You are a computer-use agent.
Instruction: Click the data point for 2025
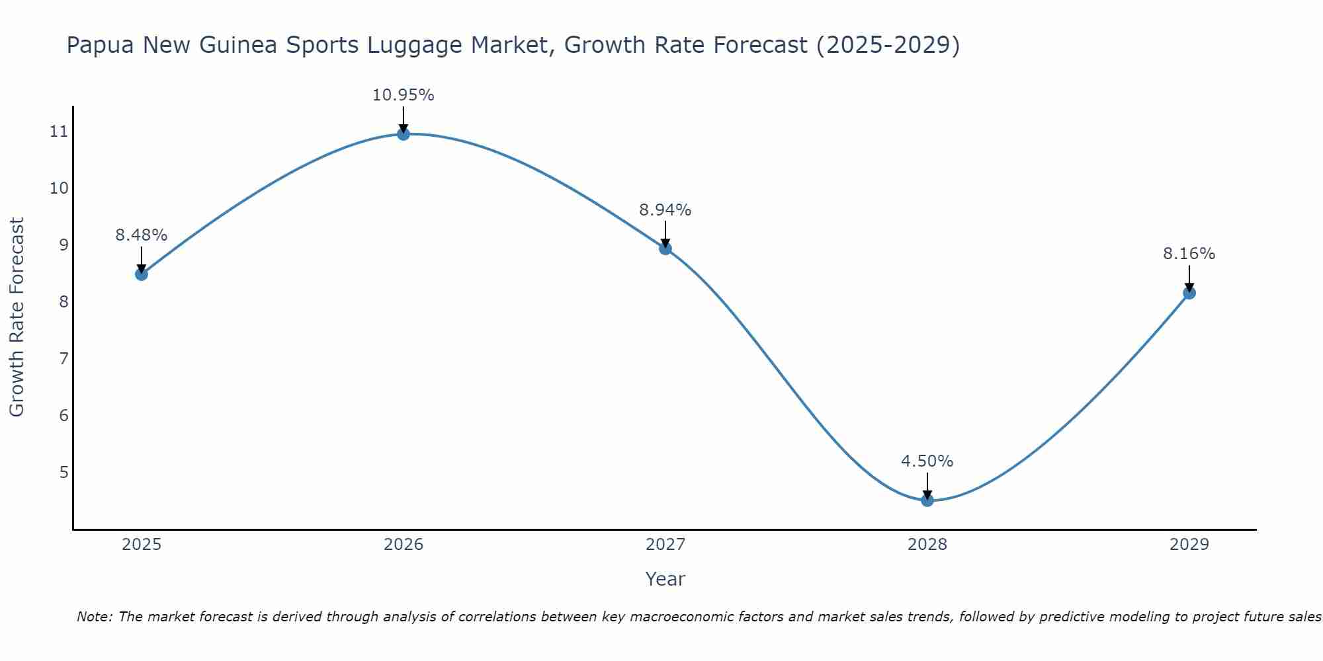click(142, 274)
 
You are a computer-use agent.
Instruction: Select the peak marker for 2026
click(404, 134)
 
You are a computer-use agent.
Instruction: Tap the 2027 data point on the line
click(665, 249)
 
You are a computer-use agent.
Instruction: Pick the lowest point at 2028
click(927, 500)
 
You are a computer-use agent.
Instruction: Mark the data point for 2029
click(1189, 293)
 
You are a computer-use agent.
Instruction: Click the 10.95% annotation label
click(403, 95)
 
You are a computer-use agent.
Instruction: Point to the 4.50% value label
click(927, 461)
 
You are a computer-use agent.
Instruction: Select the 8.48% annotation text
click(142, 235)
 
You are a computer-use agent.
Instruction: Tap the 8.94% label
click(665, 210)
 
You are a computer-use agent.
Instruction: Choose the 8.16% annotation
click(1189, 254)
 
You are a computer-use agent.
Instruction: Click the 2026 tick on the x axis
click(404, 545)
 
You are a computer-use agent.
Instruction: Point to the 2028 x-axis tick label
click(927, 545)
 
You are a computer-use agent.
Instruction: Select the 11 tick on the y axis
click(59, 132)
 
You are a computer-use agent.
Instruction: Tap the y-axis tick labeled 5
click(64, 473)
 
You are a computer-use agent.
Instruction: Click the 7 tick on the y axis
click(64, 359)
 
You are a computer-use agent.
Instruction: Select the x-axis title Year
click(665, 579)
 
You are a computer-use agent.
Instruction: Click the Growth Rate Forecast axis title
click(17, 317)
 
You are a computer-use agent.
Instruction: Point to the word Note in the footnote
click(95, 617)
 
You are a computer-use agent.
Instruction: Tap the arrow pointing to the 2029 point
click(1189, 278)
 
